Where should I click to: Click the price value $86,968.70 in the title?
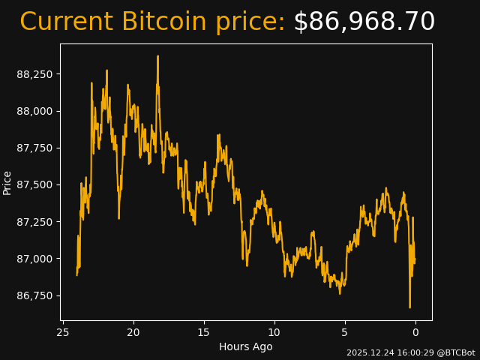coord(364,22)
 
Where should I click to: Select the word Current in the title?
coord(67,22)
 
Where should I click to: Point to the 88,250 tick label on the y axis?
coord(36,74)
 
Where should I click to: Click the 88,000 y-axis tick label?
coord(36,111)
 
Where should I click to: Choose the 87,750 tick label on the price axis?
coord(36,148)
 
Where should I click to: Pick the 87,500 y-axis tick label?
coord(36,184)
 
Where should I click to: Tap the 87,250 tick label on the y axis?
coord(36,222)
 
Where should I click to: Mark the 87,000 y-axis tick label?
coord(36,259)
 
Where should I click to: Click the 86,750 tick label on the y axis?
coord(36,295)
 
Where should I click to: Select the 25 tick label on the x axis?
coord(63,332)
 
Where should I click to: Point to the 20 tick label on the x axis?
coord(133,332)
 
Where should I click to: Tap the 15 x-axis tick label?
coord(204,332)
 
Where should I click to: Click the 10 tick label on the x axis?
coord(274,332)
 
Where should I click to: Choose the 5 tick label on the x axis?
coord(345,332)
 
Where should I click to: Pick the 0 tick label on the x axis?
coord(415,332)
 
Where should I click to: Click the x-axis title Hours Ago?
coord(246,346)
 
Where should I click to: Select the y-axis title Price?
coord(7,182)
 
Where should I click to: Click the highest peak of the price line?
coord(157,56)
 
